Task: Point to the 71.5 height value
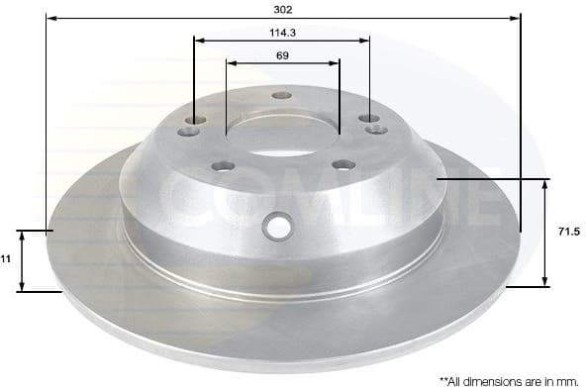(567, 231)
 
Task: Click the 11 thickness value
(6, 257)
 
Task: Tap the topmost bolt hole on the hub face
(281, 96)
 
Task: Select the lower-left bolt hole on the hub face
(224, 165)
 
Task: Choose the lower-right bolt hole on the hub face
(343, 164)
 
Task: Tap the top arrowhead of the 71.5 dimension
(545, 184)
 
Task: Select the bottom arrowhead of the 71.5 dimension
(545, 280)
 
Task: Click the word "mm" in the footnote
(565, 379)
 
